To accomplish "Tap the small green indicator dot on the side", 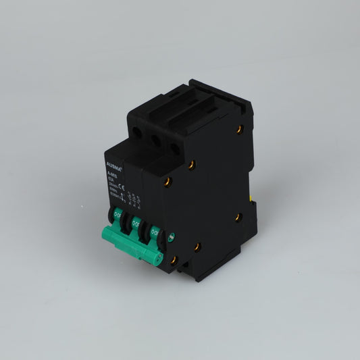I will point(171,237).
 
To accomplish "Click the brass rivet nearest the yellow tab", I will point(238,217).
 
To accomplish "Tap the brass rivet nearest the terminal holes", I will point(192,165).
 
